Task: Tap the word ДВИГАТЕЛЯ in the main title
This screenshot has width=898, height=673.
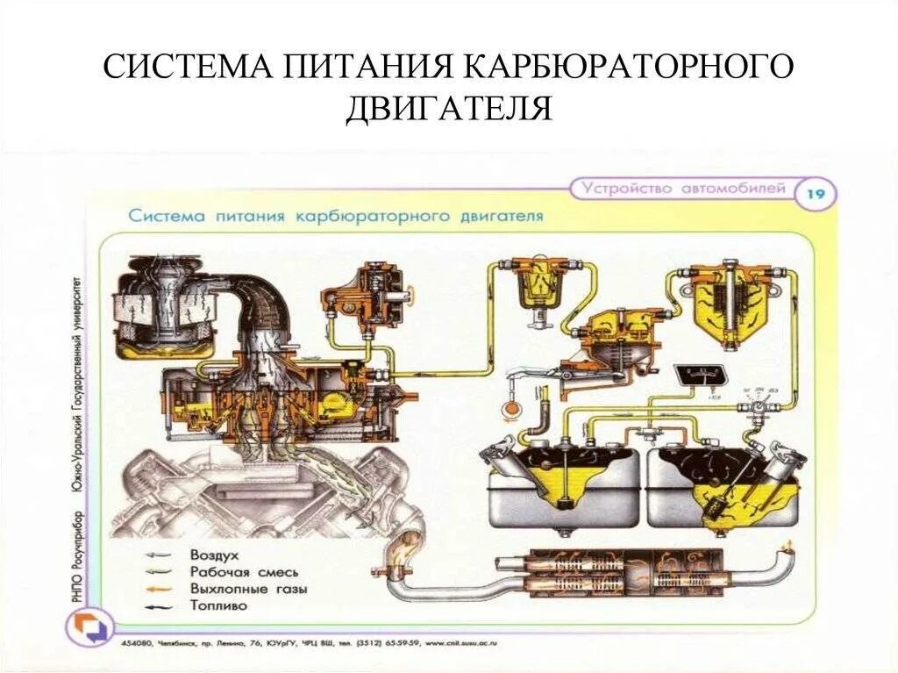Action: [x=448, y=109]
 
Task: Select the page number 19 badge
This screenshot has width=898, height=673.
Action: [x=815, y=193]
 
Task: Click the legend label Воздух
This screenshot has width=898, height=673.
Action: [x=214, y=555]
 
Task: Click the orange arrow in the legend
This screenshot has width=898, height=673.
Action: [x=160, y=589]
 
